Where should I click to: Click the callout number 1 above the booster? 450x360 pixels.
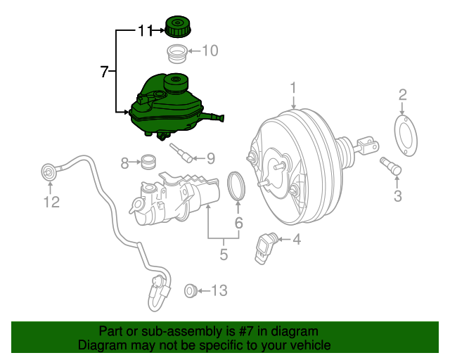click(x=293, y=87)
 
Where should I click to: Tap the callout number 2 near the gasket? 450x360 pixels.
click(x=402, y=95)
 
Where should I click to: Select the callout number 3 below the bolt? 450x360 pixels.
click(x=397, y=196)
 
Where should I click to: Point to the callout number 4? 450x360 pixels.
click(x=296, y=240)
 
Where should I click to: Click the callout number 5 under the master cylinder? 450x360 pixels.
click(x=224, y=255)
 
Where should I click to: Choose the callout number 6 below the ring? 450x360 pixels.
click(x=238, y=223)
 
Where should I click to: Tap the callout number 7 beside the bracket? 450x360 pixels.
click(x=105, y=71)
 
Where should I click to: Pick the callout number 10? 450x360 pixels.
click(x=210, y=51)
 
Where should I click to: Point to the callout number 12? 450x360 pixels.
click(x=52, y=202)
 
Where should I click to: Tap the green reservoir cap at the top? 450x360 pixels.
click(x=179, y=26)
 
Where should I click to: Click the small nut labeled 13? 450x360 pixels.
click(x=189, y=290)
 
